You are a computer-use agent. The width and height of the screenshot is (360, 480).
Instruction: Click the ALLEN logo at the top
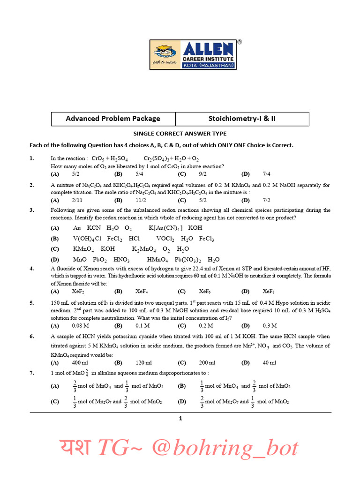[193, 55]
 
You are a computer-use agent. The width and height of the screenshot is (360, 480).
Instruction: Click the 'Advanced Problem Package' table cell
[113, 119]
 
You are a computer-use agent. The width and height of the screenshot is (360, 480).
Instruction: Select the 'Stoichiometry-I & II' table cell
[242, 119]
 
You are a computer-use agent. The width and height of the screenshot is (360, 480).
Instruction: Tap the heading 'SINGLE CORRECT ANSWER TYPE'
[180, 134]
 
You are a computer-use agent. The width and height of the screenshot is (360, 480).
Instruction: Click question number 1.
[32, 158]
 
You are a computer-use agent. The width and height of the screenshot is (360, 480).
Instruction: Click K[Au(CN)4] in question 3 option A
[165, 228]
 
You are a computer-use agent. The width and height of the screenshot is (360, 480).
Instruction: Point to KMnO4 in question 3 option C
[83, 249]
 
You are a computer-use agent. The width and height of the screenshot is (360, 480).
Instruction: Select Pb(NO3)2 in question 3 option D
[188, 260]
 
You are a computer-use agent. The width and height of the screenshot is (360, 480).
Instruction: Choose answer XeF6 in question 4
[204, 291]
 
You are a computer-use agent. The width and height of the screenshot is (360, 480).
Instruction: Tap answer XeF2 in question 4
[78, 291]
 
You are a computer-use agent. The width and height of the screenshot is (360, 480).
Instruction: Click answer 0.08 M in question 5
[81, 325]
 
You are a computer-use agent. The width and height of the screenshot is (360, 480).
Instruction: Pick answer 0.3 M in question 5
[270, 325]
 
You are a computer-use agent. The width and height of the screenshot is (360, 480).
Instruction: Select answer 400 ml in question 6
[80, 363]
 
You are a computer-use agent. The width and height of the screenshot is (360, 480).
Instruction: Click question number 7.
[32, 373]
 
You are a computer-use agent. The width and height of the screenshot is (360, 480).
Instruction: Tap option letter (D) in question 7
[182, 402]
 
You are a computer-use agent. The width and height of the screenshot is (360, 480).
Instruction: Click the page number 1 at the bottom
[180, 419]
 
